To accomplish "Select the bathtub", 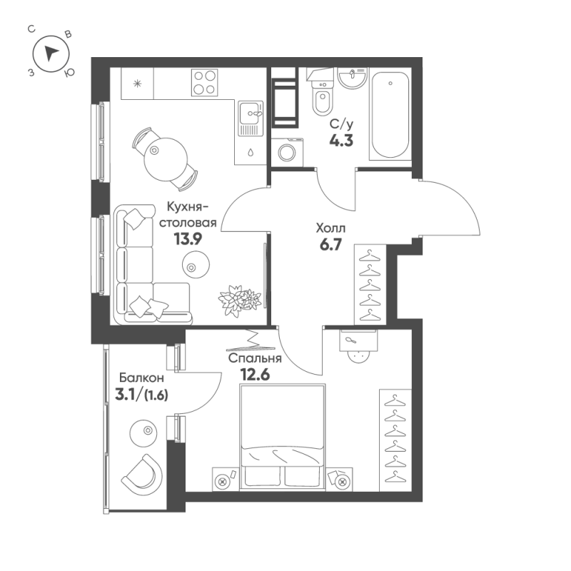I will (390, 115).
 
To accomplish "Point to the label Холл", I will (330, 229).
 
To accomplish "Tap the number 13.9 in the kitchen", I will (188, 239).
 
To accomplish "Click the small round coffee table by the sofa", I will (193, 268).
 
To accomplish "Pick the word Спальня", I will (255, 359).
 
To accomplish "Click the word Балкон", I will (142, 377).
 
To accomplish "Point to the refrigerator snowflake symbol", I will (138, 84).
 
